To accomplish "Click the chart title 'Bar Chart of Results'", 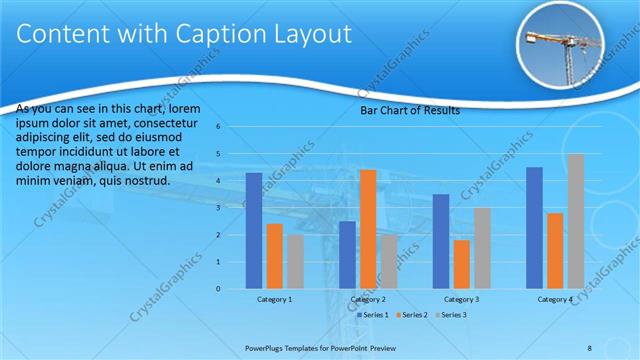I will point(410,110).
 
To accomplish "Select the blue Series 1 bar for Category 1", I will point(254,231).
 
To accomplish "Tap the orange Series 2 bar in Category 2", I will point(368,229).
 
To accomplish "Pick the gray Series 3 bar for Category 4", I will point(575,221).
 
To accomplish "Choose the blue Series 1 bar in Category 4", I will point(534,228).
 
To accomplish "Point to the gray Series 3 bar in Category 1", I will point(295,262).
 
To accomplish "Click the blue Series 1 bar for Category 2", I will point(347,255).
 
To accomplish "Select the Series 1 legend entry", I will point(375,315).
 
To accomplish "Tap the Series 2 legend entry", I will point(412,315).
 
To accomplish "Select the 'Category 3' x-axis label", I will point(462,299).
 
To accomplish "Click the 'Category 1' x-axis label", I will point(274,299).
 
